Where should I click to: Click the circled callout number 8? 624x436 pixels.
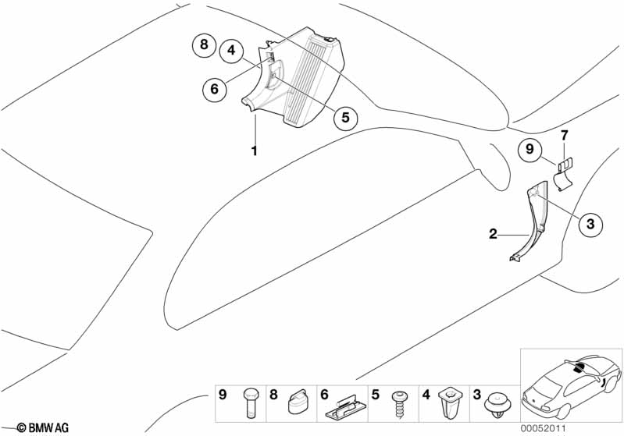[x=204, y=44]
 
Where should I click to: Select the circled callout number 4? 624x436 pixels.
[x=231, y=51]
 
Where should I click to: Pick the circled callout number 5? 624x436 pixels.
[x=344, y=118]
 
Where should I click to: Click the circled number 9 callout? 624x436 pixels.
[x=529, y=148]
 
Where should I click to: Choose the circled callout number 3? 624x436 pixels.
[x=590, y=225]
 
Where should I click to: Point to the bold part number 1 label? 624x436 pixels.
[x=254, y=150]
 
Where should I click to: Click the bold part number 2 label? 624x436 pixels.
[x=493, y=233]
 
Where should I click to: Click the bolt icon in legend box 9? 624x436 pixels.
[x=251, y=404]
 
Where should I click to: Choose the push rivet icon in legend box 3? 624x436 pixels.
[x=498, y=404]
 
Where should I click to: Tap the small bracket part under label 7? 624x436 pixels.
[x=564, y=172]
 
